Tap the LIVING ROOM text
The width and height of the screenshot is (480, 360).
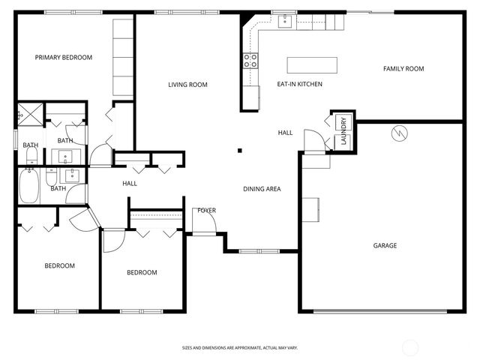coord(187,85)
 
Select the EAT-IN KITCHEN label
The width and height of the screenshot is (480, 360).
coord(300,85)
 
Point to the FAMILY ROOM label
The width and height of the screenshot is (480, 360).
coord(403,69)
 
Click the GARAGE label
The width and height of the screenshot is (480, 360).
coord(385,246)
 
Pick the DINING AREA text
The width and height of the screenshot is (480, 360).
coord(262,189)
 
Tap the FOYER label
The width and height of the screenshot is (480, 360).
coord(206,211)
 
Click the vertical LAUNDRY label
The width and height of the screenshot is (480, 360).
coord(343,131)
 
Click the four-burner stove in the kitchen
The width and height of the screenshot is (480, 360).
coord(250,61)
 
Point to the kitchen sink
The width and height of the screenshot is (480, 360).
coord(286,22)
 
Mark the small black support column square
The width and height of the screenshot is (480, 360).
coord(240,151)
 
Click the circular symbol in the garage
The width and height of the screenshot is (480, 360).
coord(398,133)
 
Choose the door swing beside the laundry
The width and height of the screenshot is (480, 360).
coord(314,140)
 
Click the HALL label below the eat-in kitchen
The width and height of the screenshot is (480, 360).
coord(285,133)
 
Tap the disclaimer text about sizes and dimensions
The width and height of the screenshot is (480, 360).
coord(240,348)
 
